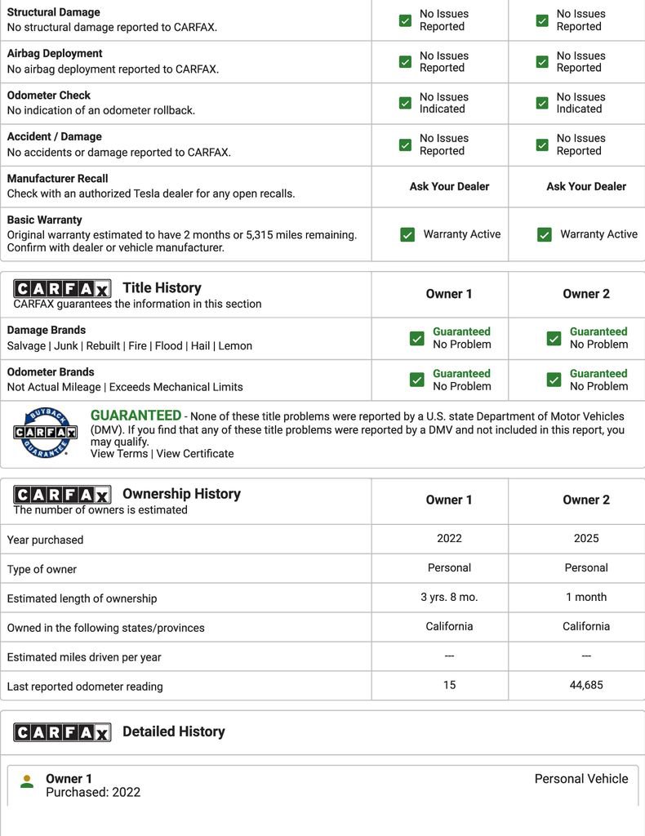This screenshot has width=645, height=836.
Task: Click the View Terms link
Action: (119, 454)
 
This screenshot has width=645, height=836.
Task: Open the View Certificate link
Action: (195, 454)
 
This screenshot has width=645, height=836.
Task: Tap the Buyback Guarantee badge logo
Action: (45, 432)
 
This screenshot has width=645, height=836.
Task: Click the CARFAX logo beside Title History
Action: (62, 288)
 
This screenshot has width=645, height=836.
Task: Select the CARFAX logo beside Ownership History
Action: (62, 494)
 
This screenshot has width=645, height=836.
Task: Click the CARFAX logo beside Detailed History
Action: (62, 732)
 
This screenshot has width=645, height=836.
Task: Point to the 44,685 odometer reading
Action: (585, 685)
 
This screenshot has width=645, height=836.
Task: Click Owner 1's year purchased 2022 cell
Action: (449, 538)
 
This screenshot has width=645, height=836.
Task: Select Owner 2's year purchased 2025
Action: (585, 538)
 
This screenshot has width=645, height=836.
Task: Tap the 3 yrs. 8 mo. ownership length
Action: (449, 597)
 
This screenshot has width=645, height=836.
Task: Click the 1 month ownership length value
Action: (585, 597)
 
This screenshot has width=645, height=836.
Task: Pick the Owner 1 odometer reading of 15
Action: (449, 685)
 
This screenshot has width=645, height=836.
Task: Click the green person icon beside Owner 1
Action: (27, 781)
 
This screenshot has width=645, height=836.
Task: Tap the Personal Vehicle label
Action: (580, 779)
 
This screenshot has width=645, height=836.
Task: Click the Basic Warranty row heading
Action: (44, 220)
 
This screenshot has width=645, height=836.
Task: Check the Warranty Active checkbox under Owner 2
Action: (545, 235)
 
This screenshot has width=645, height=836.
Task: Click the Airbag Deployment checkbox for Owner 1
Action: (405, 62)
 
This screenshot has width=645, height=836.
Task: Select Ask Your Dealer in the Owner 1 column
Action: (449, 186)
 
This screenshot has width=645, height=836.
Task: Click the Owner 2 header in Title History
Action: (585, 294)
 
